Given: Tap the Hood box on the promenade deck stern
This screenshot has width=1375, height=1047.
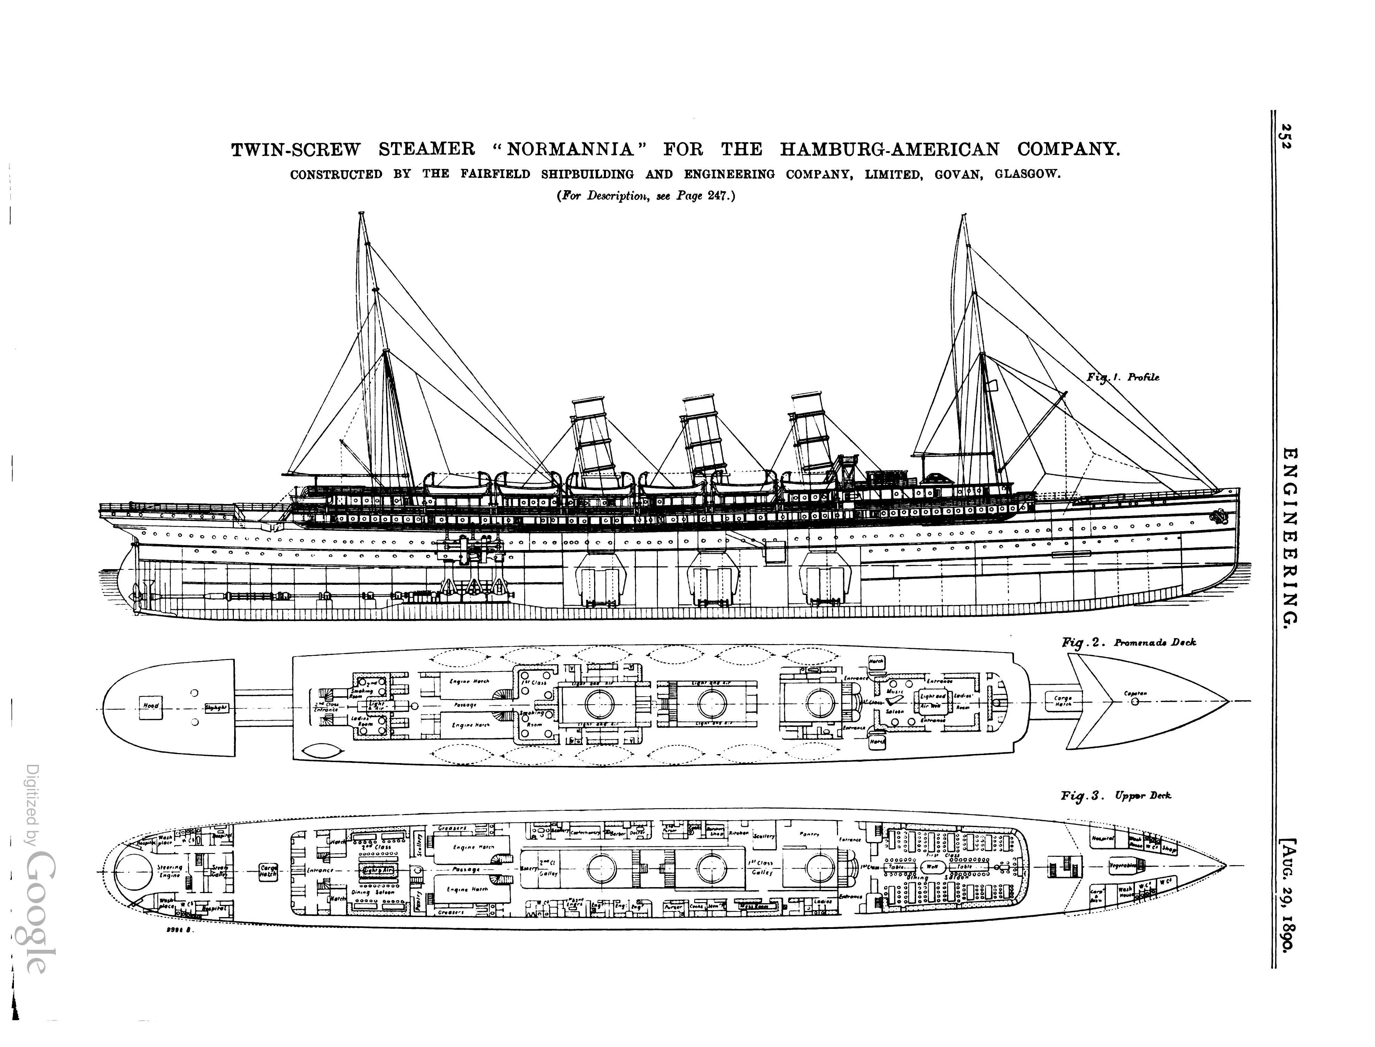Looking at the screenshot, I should tap(151, 706).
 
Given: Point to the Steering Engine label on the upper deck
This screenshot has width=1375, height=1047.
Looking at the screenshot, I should tap(170, 871).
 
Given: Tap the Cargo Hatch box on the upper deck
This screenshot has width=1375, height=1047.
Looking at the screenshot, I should tap(268, 871).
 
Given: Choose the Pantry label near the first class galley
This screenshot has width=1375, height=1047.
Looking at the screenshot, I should tap(809, 835).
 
